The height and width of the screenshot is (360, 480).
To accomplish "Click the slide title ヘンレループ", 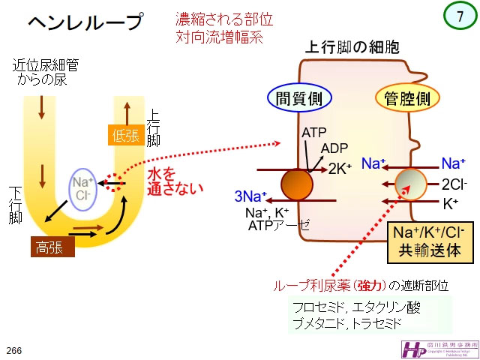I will tap(85, 23).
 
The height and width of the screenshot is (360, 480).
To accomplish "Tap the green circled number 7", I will tap(460, 16).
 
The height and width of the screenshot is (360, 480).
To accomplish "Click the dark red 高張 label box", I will tap(52, 245).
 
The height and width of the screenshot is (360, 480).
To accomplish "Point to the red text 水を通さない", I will tap(175, 181).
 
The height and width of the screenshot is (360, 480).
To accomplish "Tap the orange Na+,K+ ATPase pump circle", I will tap(297, 184).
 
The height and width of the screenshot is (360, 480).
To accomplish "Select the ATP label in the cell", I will tap(313, 133).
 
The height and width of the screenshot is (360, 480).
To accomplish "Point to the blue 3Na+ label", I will tap(250, 197).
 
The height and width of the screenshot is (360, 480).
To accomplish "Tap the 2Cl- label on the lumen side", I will tap(454, 183).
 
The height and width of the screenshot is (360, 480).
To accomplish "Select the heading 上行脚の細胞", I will tap(351, 47).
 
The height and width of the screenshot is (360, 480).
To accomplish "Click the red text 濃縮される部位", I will tap(219, 18).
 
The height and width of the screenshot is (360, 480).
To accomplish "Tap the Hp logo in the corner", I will tap(413, 347).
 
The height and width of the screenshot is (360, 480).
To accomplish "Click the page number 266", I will tap(14, 350).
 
